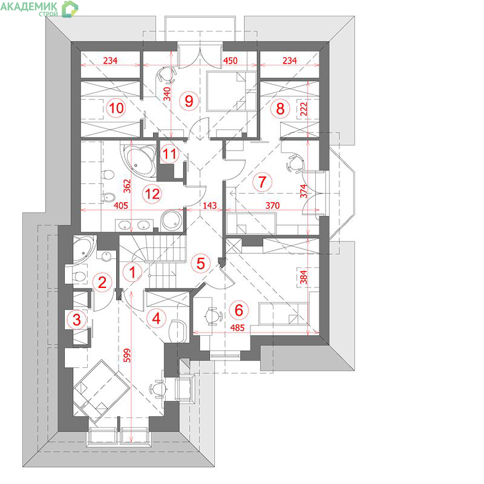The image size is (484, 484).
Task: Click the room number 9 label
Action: [x=189, y=100]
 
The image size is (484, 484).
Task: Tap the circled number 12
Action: [x=152, y=194]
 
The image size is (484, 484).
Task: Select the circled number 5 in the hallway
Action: [x=201, y=263]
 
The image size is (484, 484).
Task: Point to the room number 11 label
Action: [x=169, y=154]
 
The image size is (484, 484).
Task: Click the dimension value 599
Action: [x=127, y=355]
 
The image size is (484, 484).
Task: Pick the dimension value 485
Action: [x=237, y=327]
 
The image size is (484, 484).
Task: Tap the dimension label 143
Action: [x=209, y=205]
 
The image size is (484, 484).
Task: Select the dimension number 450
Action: [x=231, y=60]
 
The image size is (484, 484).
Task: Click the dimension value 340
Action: [x=167, y=94]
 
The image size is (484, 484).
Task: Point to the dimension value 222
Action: [x=304, y=109]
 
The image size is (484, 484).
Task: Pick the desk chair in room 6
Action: [x=213, y=316]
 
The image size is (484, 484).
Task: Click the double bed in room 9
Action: [x=231, y=91]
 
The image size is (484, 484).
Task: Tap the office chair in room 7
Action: [x=295, y=163]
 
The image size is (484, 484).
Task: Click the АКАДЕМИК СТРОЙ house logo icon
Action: [x=70, y=8]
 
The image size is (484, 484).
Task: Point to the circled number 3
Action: [x=77, y=319]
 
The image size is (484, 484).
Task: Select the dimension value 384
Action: [x=304, y=277]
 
